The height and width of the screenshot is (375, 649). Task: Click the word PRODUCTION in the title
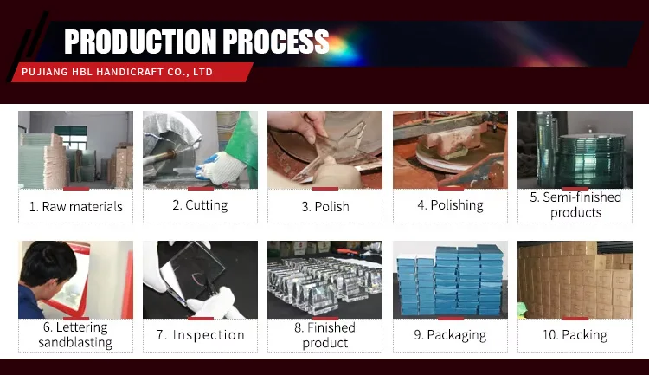(140, 42)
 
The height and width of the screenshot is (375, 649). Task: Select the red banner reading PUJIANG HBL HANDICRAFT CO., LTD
(132, 72)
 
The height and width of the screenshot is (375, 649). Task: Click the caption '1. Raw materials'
(76, 206)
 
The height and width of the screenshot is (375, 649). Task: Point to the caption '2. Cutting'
(201, 205)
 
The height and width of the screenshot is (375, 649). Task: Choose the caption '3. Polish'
(325, 206)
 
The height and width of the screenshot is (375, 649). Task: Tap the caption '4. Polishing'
(450, 205)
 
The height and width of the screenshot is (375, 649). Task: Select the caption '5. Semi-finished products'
(575, 204)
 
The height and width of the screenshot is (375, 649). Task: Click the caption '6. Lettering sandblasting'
(75, 335)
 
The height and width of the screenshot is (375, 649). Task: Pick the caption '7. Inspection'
(201, 335)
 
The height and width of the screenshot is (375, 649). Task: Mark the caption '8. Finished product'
(324, 335)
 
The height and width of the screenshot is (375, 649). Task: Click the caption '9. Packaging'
(450, 335)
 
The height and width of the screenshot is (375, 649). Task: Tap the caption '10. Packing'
(575, 335)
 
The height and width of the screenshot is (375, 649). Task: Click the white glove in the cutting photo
(220, 167)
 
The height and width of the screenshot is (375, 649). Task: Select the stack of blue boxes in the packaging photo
(450, 280)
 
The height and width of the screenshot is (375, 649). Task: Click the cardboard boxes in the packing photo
(575, 280)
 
